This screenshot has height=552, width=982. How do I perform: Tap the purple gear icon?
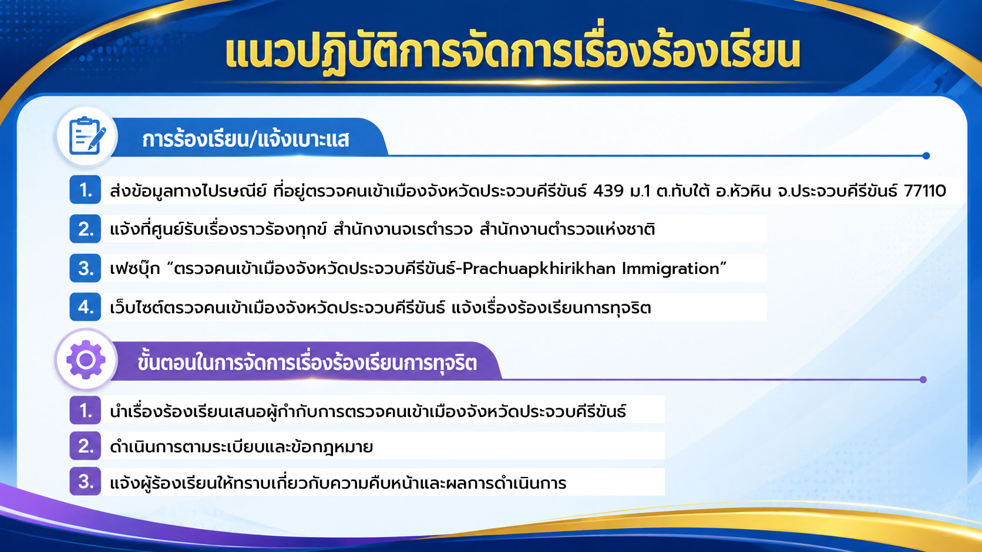86,360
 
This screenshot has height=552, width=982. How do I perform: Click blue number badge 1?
85,190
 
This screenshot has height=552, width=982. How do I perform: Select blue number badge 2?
85,229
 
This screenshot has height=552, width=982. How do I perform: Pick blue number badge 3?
85,268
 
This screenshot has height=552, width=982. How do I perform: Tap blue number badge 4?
85,307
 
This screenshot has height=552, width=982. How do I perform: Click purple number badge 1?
85,411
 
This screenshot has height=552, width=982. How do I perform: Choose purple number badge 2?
85,446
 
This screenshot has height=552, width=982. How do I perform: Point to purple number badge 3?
85,482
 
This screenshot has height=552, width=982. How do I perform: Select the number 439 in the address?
608,191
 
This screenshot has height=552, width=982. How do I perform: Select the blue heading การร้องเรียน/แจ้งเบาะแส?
246,139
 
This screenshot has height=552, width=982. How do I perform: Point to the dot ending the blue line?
926,156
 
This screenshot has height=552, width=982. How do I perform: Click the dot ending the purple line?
923,380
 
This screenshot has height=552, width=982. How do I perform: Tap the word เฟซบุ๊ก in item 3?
135,269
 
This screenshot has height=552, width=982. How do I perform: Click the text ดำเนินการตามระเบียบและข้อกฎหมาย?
241,447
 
